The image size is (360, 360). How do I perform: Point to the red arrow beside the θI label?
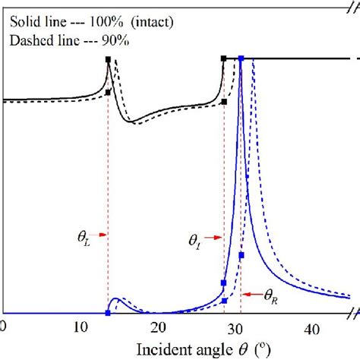coord(215,238)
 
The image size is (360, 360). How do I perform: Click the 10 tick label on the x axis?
coord(80,327)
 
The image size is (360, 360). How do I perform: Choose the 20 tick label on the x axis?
coord(158,327)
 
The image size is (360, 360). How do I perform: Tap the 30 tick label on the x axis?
coord(235,327)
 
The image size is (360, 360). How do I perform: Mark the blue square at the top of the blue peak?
coord(241,58)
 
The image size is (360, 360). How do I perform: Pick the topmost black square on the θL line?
coord(108,59)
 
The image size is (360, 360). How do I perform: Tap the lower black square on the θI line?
coord(223,102)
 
